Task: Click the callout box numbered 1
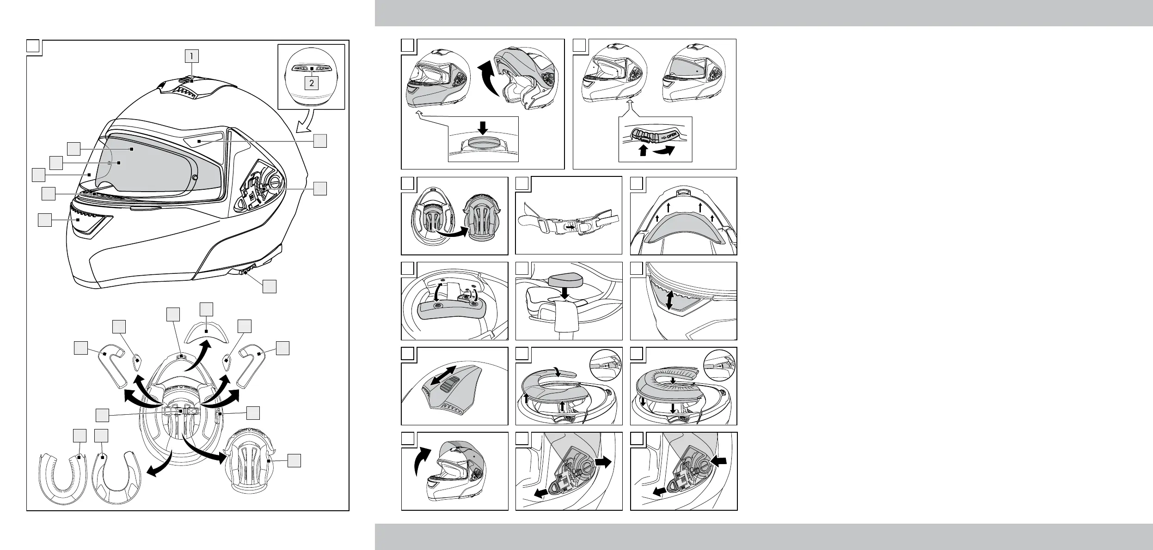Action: pyautogui.click(x=191, y=56)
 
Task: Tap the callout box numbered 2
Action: pyautogui.click(x=312, y=83)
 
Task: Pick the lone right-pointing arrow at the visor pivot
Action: pyautogui.click(x=603, y=461)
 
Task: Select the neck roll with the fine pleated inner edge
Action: pyautogui.click(x=60, y=480)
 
